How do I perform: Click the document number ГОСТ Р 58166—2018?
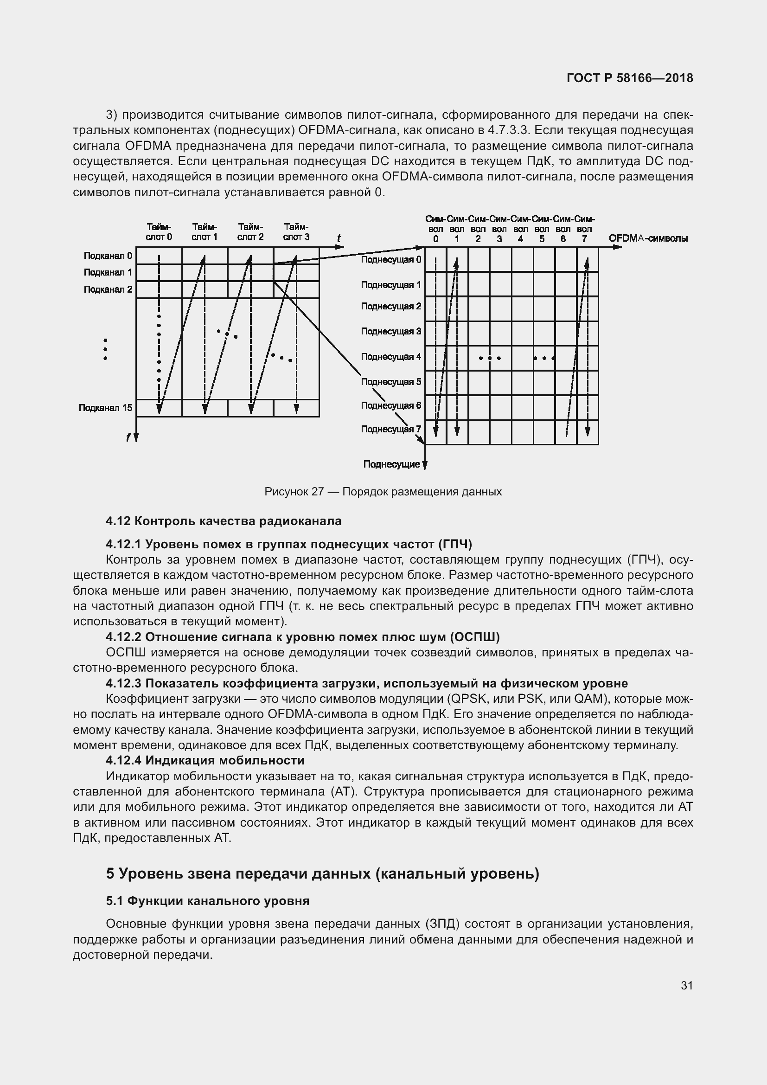click(630, 78)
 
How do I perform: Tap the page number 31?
click(687, 985)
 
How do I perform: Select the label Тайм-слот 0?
click(159, 232)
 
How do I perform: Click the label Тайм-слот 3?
click(296, 232)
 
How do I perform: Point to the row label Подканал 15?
click(105, 408)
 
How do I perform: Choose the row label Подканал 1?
click(108, 272)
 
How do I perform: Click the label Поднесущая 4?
click(391, 357)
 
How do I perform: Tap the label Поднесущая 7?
click(391, 429)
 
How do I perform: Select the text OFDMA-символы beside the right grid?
click(648, 238)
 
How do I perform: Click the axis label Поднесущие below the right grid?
click(391, 464)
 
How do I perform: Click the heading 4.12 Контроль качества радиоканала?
click(224, 521)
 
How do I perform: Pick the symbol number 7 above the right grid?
click(584, 239)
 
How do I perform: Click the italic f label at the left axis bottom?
click(128, 437)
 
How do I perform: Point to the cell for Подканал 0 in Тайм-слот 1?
click(205, 256)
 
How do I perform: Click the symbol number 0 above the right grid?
click(435, 239)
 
